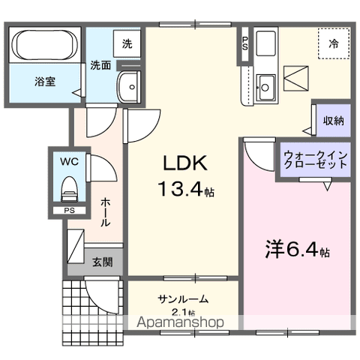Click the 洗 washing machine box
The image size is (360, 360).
[127, 43]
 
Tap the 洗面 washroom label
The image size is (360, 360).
[100, 65]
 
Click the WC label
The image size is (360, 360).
[68, 160]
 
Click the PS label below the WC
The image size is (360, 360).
[68, 211]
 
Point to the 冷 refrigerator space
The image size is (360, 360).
[333, 43]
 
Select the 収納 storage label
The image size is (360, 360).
[334, 121]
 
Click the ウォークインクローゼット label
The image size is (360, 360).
[315, 160]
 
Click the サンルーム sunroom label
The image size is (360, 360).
[183, 298]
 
